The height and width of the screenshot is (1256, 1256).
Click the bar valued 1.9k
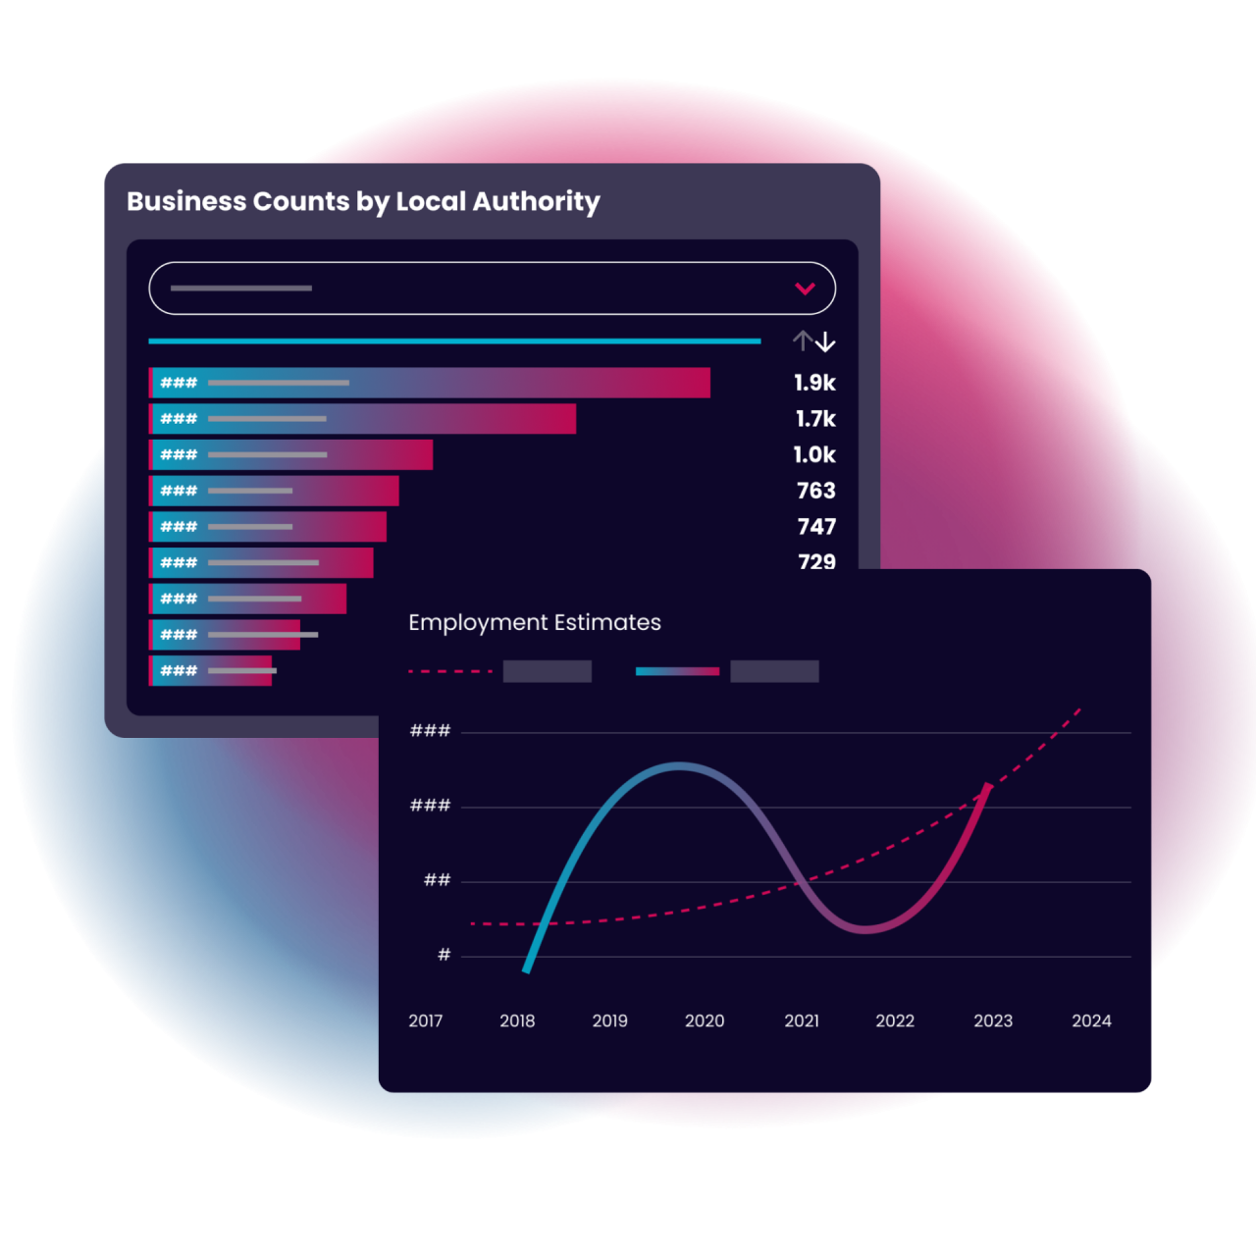coord(430,383)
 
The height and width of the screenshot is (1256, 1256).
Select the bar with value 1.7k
coord(363,419)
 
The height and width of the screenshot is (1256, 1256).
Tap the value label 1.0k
coord(814,455)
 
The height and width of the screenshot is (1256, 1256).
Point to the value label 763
coord(815,491)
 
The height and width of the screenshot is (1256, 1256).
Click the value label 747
coord(816,527)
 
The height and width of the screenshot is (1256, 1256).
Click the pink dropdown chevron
coord(805,288)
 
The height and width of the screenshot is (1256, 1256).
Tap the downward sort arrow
coord(826,341)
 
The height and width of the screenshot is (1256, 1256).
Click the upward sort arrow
coord(803,341)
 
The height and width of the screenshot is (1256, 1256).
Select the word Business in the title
coord(186,201)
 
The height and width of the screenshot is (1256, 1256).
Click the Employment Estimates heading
coord(535,623)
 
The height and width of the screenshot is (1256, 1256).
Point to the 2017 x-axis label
coord(426,1021)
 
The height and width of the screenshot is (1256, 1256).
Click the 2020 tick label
coord(705,1021)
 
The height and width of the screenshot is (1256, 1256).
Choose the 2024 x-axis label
coord(1091,1021)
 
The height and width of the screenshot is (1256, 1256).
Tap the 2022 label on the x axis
coord(895,1021)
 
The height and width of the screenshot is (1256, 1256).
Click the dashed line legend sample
coord(450,672)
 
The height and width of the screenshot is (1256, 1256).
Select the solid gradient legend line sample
coord(677,672)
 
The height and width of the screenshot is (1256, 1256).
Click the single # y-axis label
coord(444,955)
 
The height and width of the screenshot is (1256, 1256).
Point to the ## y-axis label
coord(437,880)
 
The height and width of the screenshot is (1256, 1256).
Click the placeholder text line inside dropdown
coord(241,288)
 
